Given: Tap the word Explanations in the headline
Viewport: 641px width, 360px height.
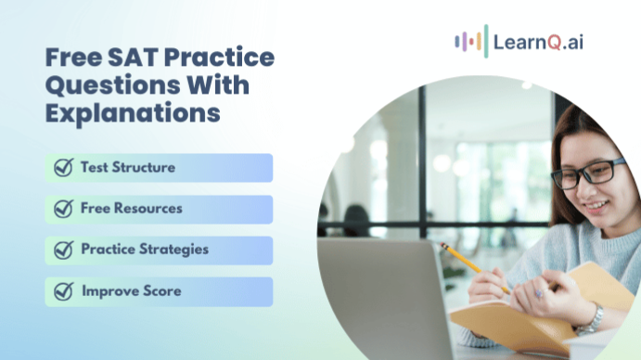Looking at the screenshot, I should point(133,113).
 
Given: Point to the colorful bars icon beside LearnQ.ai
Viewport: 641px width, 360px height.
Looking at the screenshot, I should point(470,42).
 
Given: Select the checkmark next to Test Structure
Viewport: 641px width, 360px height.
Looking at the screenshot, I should point(63,168).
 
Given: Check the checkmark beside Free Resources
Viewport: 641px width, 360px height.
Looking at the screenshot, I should point(63,209).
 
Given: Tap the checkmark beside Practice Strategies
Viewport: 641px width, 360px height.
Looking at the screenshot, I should point(63,250).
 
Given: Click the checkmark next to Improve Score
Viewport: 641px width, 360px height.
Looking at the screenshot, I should point(63,291).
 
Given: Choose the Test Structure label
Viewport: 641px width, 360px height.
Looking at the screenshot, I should point(128,168).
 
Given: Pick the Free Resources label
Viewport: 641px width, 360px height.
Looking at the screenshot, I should point(132,209).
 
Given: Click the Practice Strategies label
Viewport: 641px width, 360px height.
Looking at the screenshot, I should point(145,250).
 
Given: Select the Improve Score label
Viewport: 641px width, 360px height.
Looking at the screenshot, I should point(132,291).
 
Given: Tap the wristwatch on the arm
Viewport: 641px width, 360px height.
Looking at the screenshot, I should point(590,318).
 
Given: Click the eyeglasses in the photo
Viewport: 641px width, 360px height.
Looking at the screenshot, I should point(588,173).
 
